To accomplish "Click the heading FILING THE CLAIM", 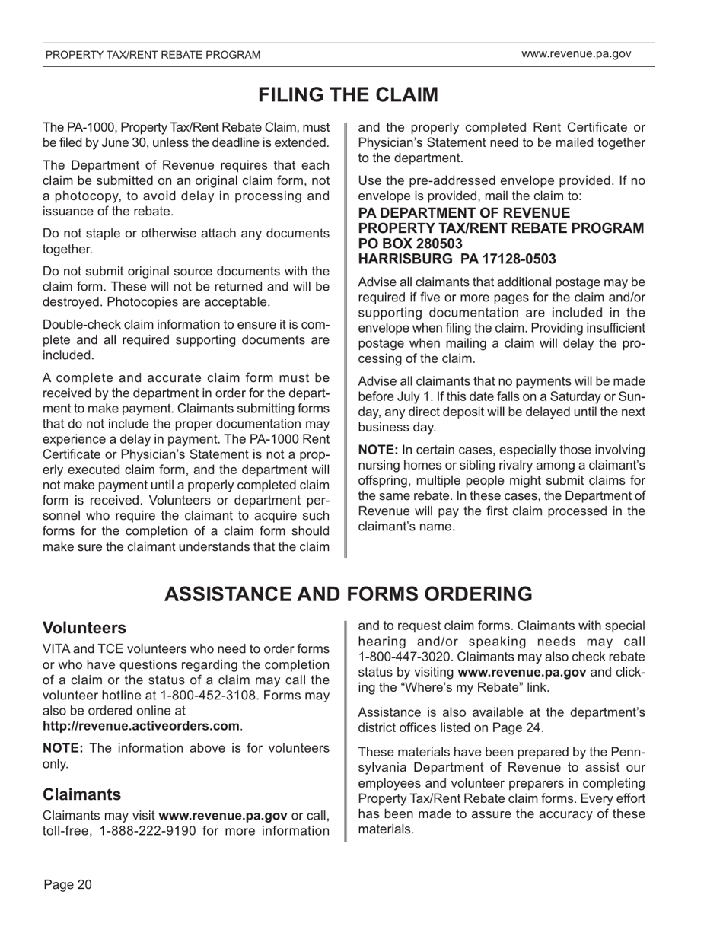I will pos(348,95).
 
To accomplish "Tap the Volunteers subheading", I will pos(84,628).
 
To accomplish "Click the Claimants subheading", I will pos(81,794).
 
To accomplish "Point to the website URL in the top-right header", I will pos(576,54).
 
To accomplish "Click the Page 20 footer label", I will pos(68,883).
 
